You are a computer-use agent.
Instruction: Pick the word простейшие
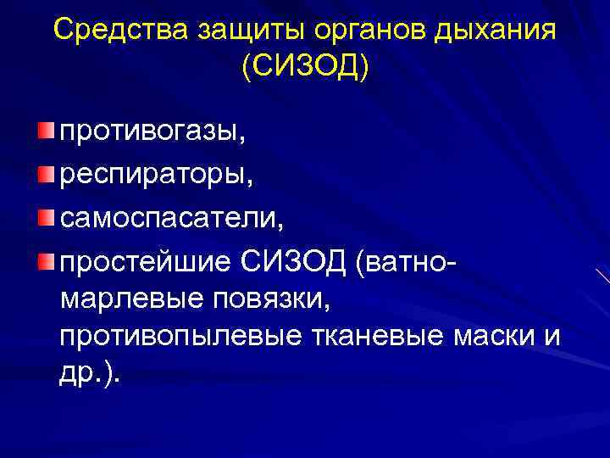[x=143, y=261]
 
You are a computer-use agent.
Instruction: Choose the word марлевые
[x=126, y=298]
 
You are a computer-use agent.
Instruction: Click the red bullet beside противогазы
[x=44, y=130]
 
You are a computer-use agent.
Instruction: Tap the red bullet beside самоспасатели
[x=44, y=216]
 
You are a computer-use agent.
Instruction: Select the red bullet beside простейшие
[x=44, y=260]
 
